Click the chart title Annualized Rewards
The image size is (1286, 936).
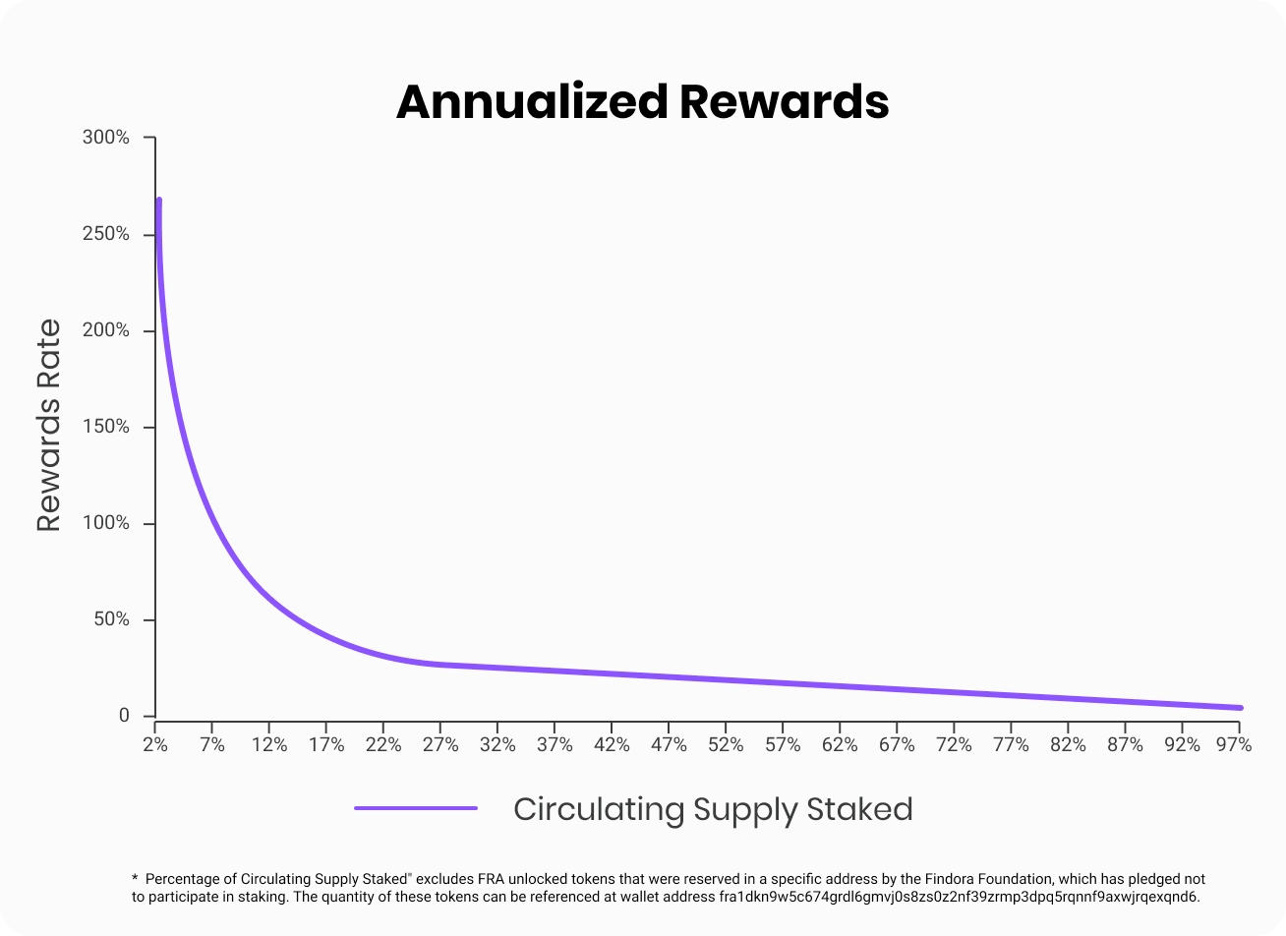click(x=642, y=101)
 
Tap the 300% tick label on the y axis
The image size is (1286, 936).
click(x=106, y=138)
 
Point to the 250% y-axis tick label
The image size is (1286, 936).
click(x=106, y=234)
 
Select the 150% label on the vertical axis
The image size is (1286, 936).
click(x=106, y=427)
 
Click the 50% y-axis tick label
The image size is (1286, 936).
click(x=111, y=619)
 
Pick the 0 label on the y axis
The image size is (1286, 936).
click(x=124, y=716)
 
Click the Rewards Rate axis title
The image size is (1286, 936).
click(x=49, y=426)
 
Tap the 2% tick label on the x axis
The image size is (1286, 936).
click(x=155, y=745)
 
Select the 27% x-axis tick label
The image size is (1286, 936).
click(x=440, y=745)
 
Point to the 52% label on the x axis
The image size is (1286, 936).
click(x=726, y=745)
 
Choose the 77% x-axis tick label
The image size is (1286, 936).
click(x=1011, y=745)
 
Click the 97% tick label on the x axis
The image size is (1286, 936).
click(x=1233, y=745)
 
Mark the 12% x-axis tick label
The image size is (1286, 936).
click(x=269, y=745)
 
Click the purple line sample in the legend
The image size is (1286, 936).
click(x=416, y=808)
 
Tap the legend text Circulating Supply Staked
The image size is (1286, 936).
click(x=713, y=809)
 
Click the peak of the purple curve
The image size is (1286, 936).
click(x=158, y=201)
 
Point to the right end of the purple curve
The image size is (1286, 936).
click(x=1240, y=708)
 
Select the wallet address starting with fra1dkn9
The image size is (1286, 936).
click(x=953, y=897)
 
